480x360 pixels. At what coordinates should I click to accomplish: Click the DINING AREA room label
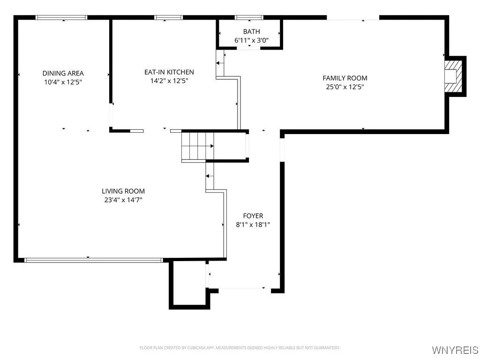click(63, 73)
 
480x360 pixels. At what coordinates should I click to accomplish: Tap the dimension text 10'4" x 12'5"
click(63, 82)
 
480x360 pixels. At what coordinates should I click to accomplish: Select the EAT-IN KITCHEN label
click(169, 72)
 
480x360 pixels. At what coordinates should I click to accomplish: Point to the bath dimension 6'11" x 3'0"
click(251, 40)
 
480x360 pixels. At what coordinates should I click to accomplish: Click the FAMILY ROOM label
click(345, 78)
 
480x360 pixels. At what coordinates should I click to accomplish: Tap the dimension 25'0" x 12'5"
click(345, 87)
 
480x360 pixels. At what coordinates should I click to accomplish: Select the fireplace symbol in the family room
click(453, 76)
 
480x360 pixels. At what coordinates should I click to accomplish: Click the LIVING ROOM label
click(123, 191)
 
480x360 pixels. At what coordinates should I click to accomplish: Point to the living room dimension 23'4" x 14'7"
click(123, 200)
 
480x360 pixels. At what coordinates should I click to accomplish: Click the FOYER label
click(253, 216)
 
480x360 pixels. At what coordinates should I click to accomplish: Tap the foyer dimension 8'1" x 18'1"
click(253, 225)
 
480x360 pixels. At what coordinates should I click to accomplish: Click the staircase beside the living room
click(197, 146)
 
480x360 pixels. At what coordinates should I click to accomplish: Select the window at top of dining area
click(62, 18)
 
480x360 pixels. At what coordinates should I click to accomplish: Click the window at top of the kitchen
click(168, 18)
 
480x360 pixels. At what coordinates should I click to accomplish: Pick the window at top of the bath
click(249, 18)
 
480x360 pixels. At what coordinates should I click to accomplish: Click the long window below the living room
click(93, 260)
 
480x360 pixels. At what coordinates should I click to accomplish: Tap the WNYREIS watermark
click(454, 350)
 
